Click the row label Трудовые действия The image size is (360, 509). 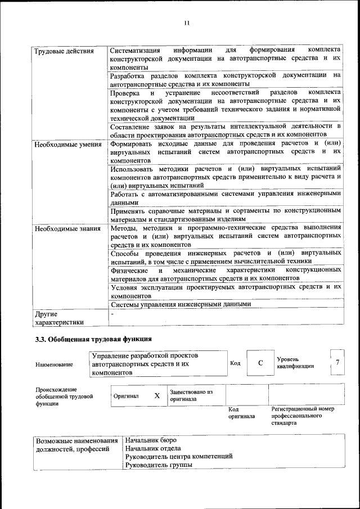click(x=64, y=52)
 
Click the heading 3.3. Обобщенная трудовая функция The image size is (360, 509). click(x=93, y=339)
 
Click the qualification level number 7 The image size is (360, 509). click(x=337, y=362)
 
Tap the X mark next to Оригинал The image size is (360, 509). click(x=157, y=395)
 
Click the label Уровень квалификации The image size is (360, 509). click(x=295, y=363)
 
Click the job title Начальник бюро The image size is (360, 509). click(x=151, y=440)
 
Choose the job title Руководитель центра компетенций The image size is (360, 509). click(x=179, y=457)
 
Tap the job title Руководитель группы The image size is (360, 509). click(x=158, y=465)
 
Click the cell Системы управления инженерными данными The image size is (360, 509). click(x=180, y=304)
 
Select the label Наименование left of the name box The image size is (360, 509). click(x=54, y=364)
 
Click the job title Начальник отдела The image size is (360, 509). click(x=154, y=448)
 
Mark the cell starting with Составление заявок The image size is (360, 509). click(x=225, y=130)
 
